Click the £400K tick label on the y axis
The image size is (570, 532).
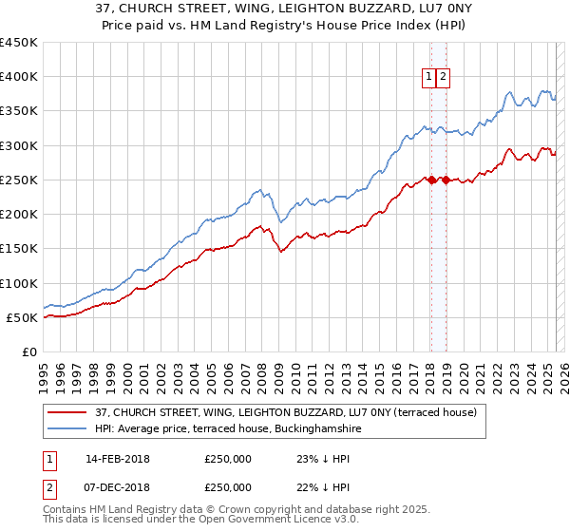click(19, 77)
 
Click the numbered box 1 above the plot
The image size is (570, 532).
click(429, 78)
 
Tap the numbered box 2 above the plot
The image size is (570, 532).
click(443, 78)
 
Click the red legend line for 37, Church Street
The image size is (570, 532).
click(67, 412)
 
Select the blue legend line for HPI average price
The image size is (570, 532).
click(67, 428)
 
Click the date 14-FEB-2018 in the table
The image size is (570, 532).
click(118, 459)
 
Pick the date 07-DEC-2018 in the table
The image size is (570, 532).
click(118, 486)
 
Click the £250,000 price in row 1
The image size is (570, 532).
click(228, 459)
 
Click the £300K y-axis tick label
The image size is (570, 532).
click(19, 145)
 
